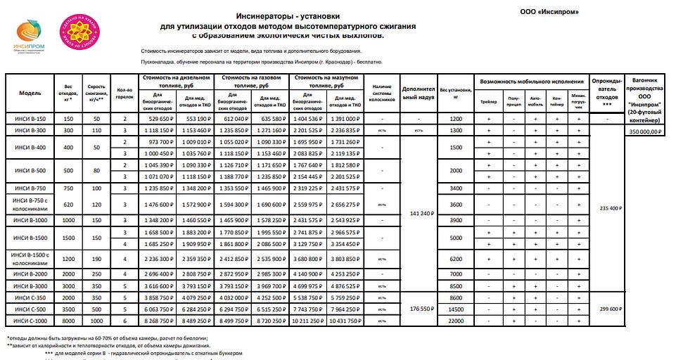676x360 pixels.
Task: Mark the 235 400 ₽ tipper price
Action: point(606,208)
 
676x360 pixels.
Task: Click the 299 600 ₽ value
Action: point(606,309)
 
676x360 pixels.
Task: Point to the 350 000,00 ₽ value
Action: point(646,131)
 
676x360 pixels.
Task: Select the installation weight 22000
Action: point(456,321)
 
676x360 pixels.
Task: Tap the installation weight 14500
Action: point(456,309)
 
